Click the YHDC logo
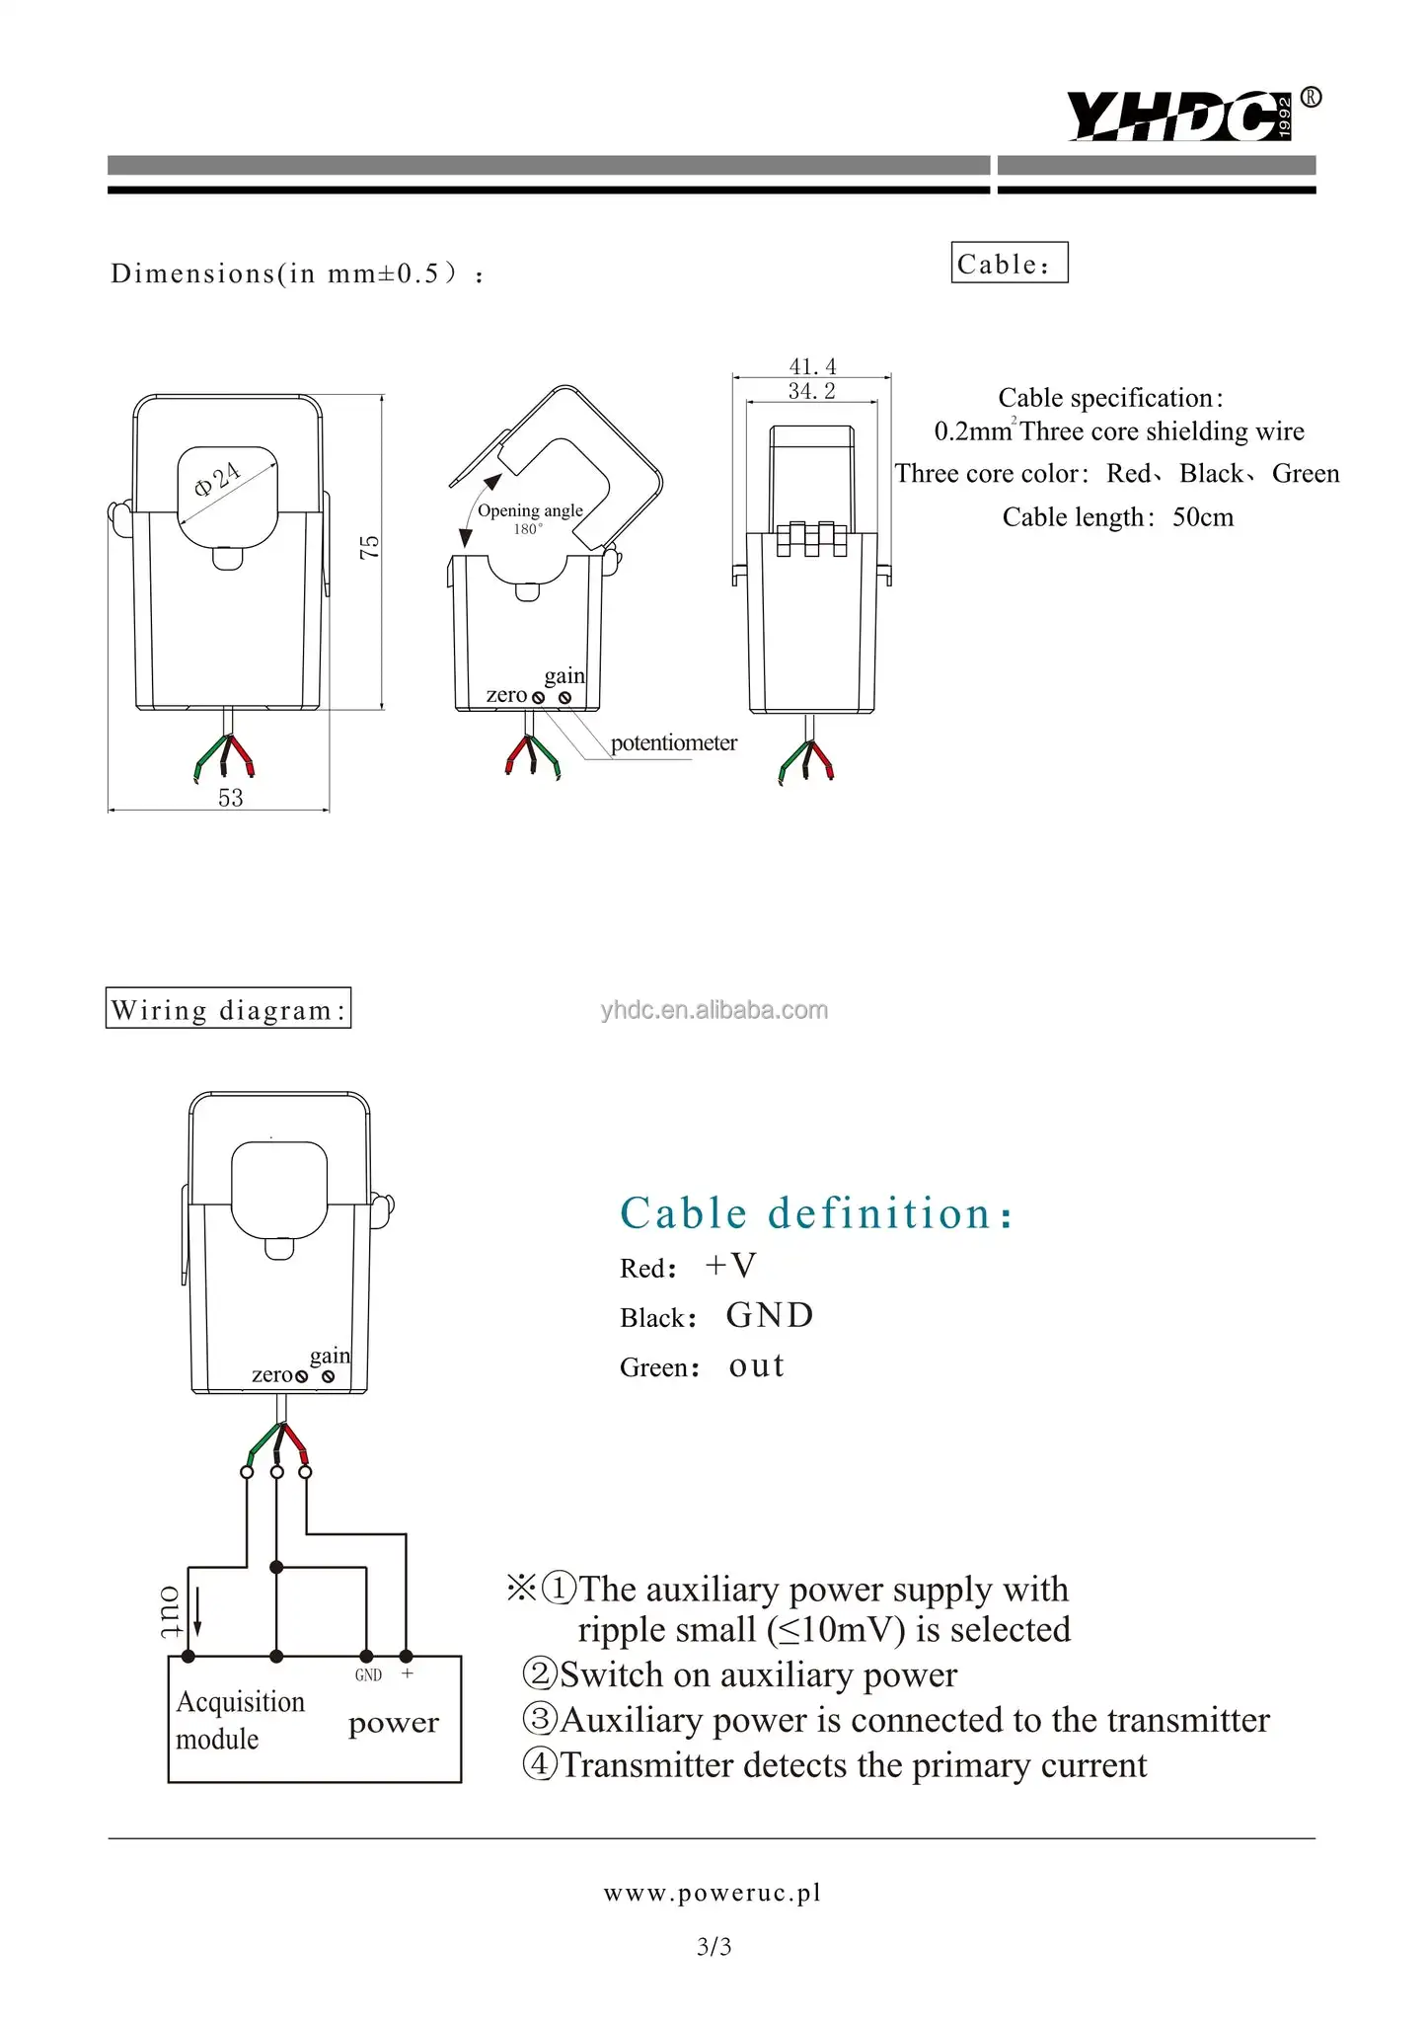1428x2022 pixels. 1179,116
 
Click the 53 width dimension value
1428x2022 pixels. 230,798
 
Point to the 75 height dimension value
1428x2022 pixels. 369,548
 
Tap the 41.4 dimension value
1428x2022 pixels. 812,366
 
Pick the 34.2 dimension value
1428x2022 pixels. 811,391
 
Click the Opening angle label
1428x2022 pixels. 530,510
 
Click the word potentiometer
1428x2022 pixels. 673,742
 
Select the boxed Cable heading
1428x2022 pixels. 1009,263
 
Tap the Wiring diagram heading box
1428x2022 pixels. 228,1008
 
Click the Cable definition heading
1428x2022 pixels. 815,1213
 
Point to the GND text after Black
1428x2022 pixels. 770,1315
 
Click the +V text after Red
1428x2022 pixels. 730,1266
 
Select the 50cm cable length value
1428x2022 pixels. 1202,517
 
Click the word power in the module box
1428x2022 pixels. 393,1723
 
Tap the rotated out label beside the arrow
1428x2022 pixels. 171,1612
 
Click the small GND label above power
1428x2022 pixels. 368,1675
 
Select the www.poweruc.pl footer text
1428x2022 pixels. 713,1893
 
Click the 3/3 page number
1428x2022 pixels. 714,1947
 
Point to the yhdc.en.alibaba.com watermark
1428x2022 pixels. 714,1010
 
